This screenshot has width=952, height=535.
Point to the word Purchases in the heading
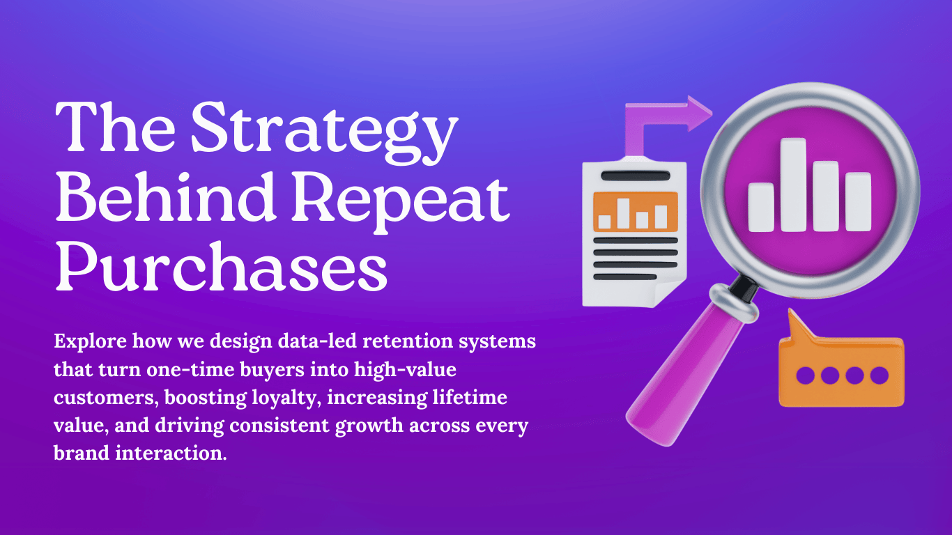click(x=221, y=267)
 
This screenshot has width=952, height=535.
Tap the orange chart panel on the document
click(x=635, y=211)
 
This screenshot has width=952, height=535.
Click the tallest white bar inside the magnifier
click(x=793, y=185)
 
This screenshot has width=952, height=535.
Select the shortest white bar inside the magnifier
click(x=761, y=206)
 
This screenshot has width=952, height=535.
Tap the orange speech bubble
click(x=840, y=373)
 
